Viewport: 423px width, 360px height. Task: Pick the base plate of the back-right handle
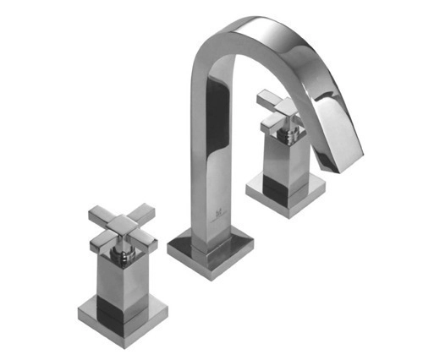[x=286, y=194]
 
